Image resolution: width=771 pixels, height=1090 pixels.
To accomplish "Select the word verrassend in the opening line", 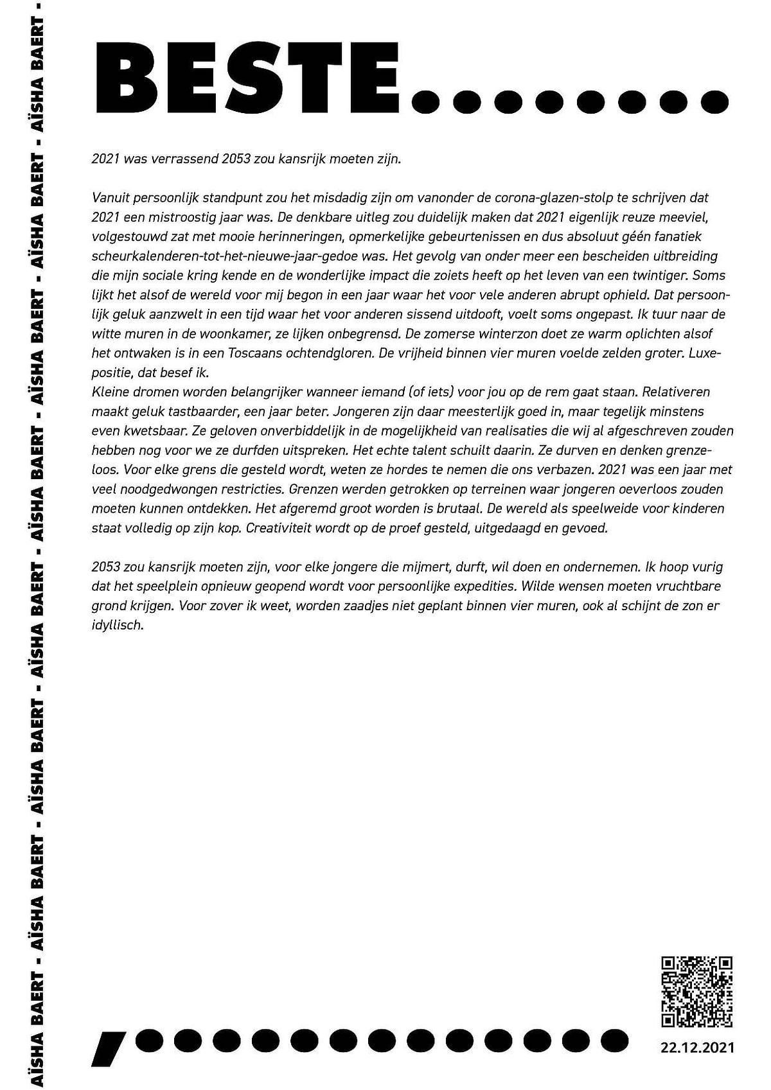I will tap(183, 159).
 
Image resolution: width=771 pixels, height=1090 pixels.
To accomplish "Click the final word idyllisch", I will tap(117, 625).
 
